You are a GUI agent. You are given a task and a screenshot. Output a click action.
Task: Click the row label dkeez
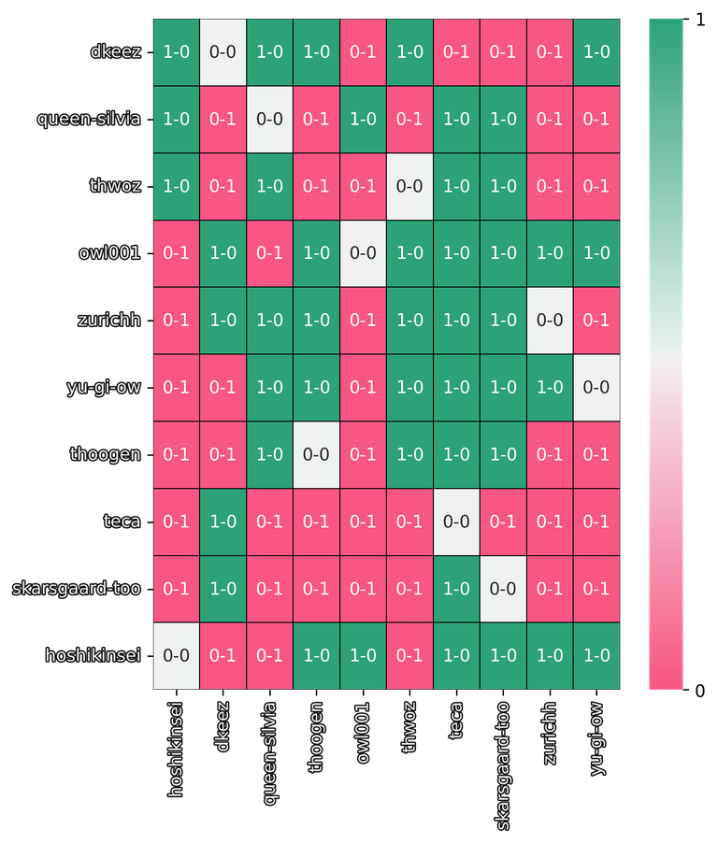click(115, 52)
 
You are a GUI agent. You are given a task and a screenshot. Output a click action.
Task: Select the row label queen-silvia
click(89, 120)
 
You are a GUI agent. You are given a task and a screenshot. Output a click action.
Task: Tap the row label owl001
click(109, 253)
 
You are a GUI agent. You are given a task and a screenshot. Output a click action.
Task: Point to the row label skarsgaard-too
click(77, 589)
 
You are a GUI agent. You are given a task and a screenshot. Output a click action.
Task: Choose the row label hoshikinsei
click(93, 656)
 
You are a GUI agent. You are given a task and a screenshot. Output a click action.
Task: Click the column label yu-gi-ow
click(596, 738)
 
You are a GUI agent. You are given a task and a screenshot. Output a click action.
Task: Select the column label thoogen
click(316, 737)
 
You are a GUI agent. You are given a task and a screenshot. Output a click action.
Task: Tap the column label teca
click(456, 721)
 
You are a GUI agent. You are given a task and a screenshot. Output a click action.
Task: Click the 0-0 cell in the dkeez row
click(223, 52)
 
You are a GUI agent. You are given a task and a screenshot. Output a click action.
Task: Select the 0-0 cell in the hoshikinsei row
click(176, 656)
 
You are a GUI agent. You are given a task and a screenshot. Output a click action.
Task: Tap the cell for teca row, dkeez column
click(223, 522)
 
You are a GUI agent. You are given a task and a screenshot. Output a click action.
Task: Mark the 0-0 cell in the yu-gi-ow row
click(596, 387)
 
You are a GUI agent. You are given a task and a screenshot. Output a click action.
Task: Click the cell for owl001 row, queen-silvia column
click(269, 253)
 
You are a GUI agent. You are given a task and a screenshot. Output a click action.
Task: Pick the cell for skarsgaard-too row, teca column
click(456, 589)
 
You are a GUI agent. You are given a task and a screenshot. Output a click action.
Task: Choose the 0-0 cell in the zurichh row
click(550, 321)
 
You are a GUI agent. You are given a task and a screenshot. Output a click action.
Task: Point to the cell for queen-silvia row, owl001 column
click(363, 120)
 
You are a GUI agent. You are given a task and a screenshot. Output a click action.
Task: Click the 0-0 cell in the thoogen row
click(316, 454)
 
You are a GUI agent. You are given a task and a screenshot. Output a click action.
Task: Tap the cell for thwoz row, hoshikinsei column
click(176, 186)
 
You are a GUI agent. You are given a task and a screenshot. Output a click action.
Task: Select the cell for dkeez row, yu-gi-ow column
click(596, 52)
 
